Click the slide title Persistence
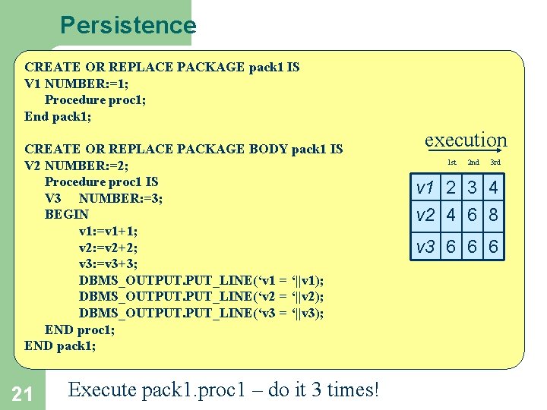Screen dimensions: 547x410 [128, 25]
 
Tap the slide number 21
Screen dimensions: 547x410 [22, 393]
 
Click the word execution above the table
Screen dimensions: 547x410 [465, 140]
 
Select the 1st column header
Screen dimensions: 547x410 [451, 162]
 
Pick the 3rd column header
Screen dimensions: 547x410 [495, 162]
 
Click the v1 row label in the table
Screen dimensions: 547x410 [425, 187]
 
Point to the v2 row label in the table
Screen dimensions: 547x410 [425, 216]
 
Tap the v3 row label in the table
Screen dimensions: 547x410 [425, 247]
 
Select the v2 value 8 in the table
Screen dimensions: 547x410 [494, 216]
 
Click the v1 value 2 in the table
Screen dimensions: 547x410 [451, 187]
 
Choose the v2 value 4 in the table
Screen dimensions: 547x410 [451, 216]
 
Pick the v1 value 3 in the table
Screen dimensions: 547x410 [473, 187]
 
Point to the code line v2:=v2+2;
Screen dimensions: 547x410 [108, 248]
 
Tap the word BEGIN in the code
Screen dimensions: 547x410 [67, 215]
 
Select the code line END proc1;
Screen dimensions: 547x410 [80, 330]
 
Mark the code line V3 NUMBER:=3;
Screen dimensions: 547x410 [104, 198]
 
